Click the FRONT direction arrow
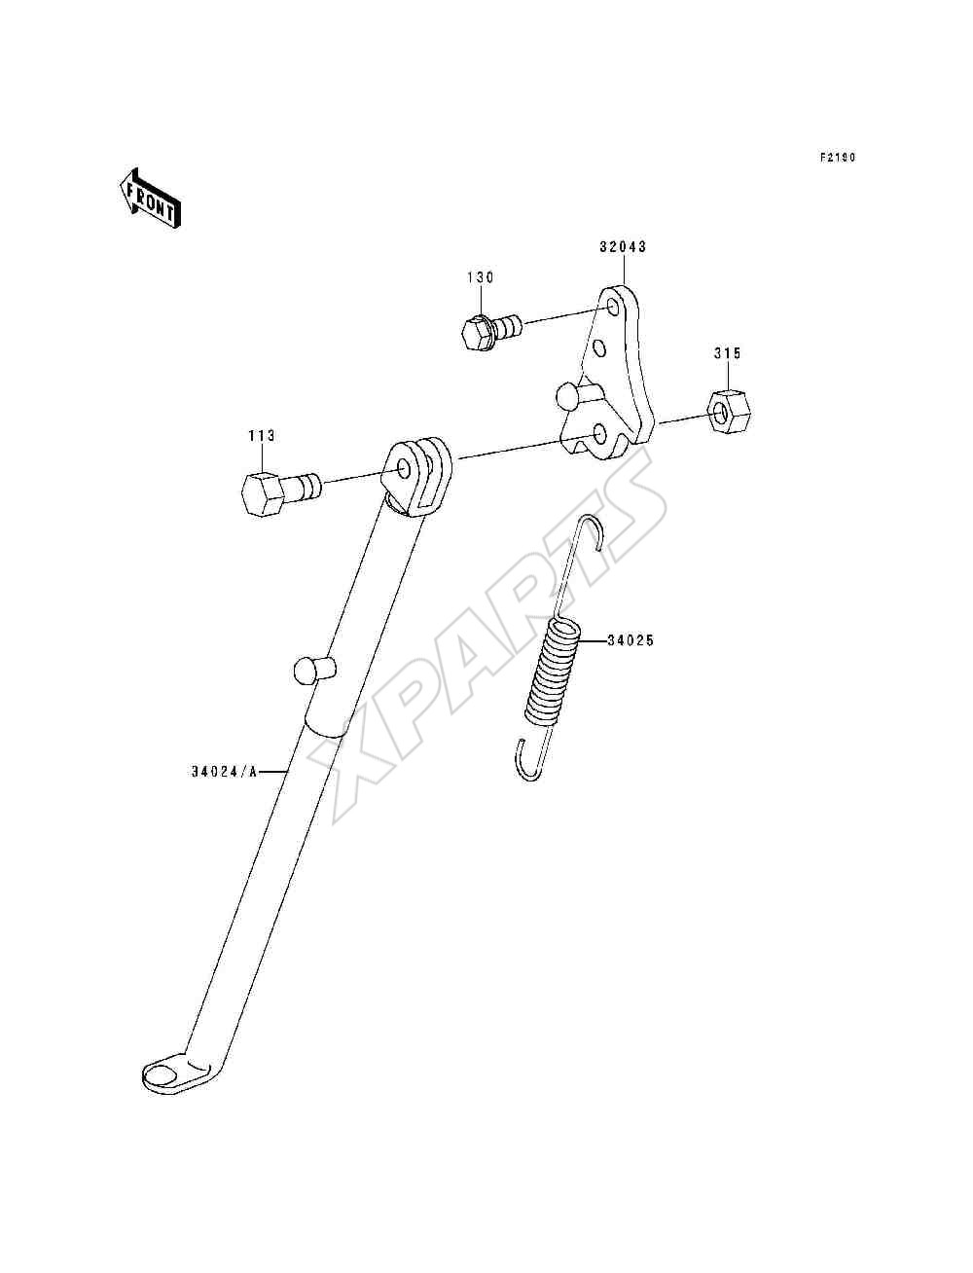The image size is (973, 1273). [150, 199]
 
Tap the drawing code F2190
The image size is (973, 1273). [838, 157]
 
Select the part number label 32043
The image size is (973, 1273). [623, 246]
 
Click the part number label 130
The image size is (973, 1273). [481, 277]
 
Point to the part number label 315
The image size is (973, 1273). [727, 353]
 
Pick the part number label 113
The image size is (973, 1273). [262, 436]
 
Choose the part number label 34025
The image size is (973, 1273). [631, 640]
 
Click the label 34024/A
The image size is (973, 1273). [224, 772]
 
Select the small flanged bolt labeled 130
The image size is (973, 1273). [491, 332]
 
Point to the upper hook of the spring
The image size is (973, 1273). [593, 528]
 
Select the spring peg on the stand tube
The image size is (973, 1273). [314, 670]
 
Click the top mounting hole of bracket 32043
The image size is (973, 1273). [612, 306]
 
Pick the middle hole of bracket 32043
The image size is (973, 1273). [600, 348]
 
